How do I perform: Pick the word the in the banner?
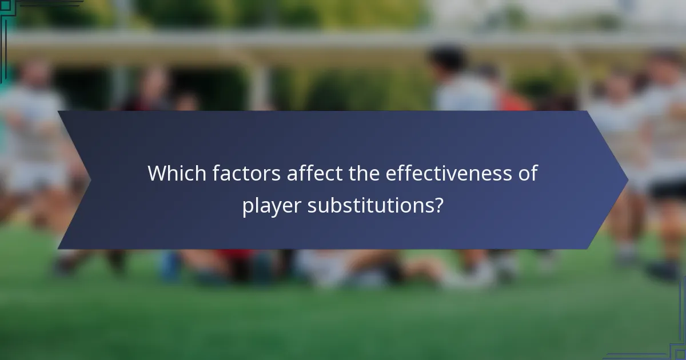tap(364, 173)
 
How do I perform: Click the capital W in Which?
tap(157, 173)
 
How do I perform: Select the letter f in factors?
tap(216, 173)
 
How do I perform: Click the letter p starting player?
tap(248, 207)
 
